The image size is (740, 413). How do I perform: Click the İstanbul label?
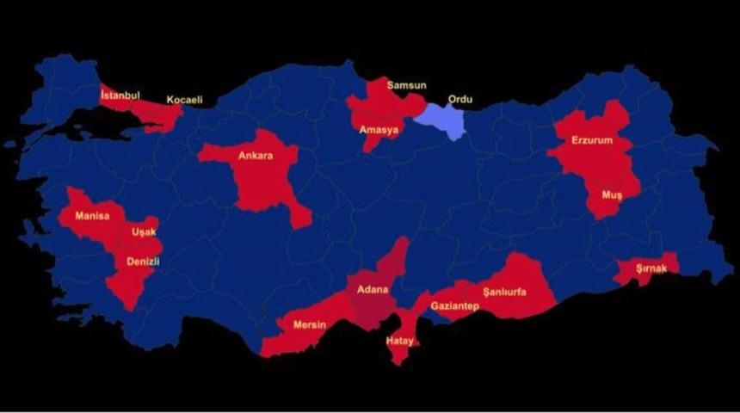coord(120,95)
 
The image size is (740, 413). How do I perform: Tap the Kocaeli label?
coord(184,100)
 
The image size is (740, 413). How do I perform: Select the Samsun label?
coord(406,85)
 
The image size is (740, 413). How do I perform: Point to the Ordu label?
coord(460,99)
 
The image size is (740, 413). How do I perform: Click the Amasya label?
coord(379,130)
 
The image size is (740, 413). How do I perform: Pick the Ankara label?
coord(256,156)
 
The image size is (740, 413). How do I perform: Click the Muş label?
coord(611,195)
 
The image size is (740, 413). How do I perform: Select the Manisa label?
coord(92,215)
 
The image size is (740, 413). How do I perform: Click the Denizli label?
coord(144,261)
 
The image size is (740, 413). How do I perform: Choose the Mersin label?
coord(309,324)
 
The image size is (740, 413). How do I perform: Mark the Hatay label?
coord(399,341)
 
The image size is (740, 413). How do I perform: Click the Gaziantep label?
coord(454,306)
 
